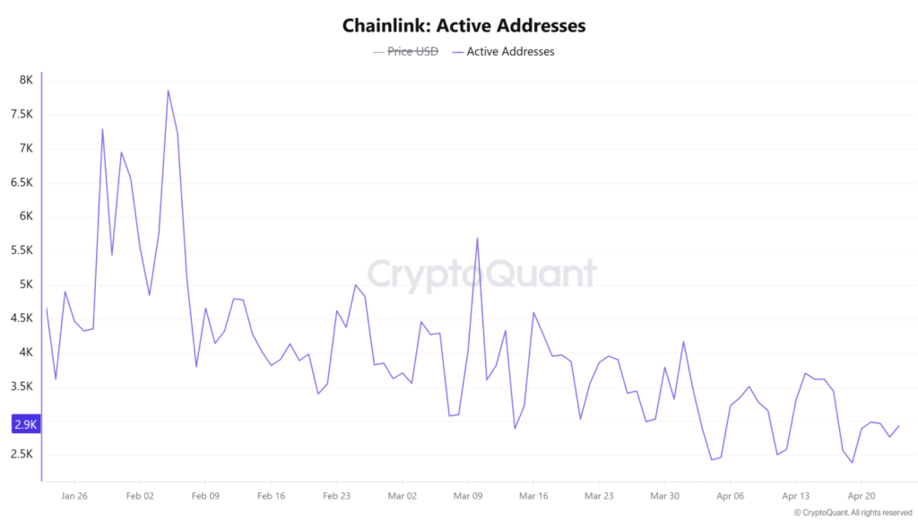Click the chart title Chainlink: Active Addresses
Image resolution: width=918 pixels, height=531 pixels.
(463, 26)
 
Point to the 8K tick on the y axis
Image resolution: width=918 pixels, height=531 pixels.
(26, 81)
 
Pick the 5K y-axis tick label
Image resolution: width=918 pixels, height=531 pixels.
(26, 284)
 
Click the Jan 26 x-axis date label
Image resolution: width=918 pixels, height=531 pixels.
(75, 495)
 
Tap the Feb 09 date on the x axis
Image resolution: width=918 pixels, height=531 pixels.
(205, 495)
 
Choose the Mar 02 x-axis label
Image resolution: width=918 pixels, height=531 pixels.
(402, 495)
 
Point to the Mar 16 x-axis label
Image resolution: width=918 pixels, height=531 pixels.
(533, 495)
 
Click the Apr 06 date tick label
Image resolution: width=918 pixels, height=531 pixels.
(731, 495)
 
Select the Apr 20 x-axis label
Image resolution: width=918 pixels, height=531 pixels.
(862, 495)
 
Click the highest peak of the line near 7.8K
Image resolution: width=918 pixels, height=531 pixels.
(168, 91)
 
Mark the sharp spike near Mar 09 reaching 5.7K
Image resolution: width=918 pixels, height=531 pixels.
(477, 239)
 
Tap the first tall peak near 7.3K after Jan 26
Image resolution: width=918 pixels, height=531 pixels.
(102, 129)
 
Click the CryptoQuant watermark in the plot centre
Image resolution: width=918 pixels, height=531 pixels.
(482, 274)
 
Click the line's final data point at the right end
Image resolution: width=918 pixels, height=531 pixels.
(899, 426)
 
